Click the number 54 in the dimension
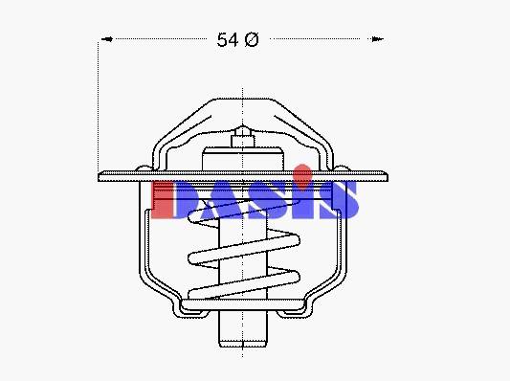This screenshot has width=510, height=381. tap(228, 40)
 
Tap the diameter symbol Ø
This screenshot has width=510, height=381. tap(252, 39)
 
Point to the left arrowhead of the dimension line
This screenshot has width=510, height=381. tap(107, 39)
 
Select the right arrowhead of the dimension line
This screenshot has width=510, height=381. tap(377, 39)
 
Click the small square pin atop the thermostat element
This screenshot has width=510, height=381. tap(243, 141)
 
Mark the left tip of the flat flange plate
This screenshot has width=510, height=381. tap(99, 176)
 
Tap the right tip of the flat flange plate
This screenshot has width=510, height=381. tap(388, 176)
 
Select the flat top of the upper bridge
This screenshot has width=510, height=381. tap(243, 99)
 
